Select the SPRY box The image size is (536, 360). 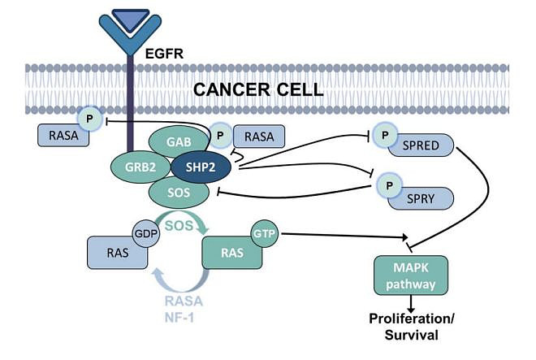[x=420, y=198]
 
